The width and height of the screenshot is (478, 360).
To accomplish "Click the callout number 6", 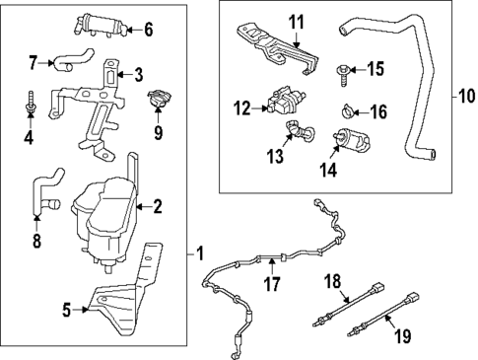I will [148, 29].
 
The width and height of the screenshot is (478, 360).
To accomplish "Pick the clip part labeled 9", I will [158, 98].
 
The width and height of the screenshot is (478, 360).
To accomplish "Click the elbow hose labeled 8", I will [40, 192].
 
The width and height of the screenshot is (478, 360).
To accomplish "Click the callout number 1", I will [202, 253].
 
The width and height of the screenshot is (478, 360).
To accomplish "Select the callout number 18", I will [333, 281].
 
